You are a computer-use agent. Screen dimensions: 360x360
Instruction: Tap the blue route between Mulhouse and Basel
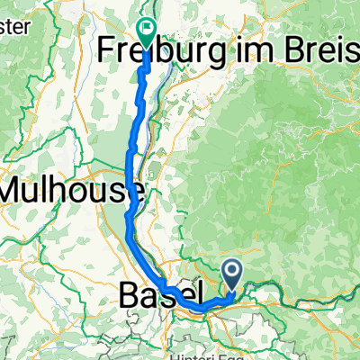point(131,238)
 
